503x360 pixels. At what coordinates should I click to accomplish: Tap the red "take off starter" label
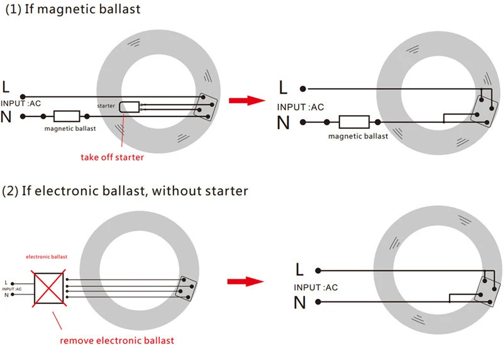click(112, 157)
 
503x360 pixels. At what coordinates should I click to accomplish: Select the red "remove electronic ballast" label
click(117, 340)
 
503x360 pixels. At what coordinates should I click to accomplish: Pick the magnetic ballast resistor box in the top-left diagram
click(67, 116)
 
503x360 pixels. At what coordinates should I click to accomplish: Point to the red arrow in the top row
click(245, 101)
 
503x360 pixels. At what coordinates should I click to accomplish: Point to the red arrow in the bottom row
click(245, 281)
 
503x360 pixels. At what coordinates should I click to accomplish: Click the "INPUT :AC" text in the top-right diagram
click(301, 107)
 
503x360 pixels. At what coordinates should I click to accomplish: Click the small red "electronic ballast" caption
click(47, 257)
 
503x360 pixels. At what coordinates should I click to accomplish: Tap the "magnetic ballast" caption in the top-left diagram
click(70, 129)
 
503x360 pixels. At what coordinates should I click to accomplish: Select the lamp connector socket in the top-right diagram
click(483, 109)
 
